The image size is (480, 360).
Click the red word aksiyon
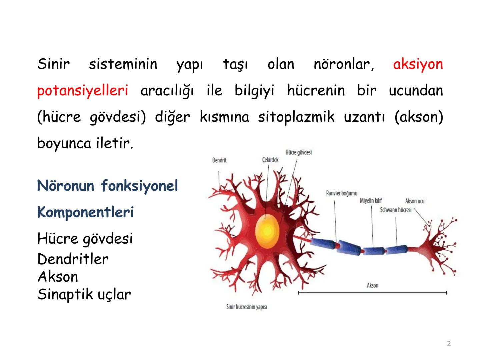tap(418, 64)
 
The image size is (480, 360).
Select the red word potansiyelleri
tap(82, 91)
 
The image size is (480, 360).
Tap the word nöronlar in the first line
tap(344, 64)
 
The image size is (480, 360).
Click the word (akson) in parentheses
tap(419, 117)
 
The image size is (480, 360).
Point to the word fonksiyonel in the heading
tap(139, 185)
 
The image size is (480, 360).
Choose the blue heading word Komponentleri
tap(85, 212)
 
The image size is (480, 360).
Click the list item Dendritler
tap(73, 259)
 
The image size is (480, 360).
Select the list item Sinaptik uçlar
tap(84, 294)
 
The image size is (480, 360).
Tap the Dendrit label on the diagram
tap(219, 160)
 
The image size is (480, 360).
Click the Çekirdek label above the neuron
tap(270, 160)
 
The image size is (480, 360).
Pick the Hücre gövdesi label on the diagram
tap(298, 152)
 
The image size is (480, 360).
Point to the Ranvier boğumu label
tap(341, 193)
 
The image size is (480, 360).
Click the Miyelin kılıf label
tap(371, 201)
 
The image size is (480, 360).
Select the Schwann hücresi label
tap(396, 210)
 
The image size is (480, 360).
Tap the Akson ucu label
tap(415, 201)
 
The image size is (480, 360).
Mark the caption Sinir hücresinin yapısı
tap(246, 307)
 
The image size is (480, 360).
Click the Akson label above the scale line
tap(372, 285)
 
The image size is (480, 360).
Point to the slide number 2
tap(449, 344)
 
